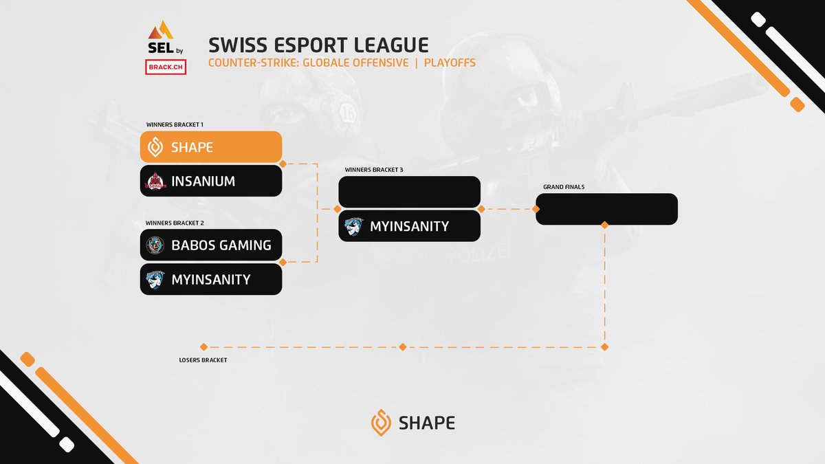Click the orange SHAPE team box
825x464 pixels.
pos(211,147)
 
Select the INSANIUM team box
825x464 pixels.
pos(211,181)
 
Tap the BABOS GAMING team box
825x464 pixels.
pos(211,245)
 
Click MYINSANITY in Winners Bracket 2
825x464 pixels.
pos(211,279)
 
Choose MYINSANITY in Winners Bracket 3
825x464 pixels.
pos(409,226)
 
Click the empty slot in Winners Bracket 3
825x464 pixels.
pos(409,192)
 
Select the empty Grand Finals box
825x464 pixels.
pos(606,209)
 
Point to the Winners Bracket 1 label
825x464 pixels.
pos(175,125)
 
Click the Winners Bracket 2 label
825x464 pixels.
pos(175,223)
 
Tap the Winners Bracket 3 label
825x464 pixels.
pos(373,170)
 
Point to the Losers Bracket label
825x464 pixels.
pos(203,360)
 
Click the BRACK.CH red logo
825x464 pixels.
pos(166,67)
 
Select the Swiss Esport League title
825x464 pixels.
pos(318,45)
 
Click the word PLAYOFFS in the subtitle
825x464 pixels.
pos(450,63)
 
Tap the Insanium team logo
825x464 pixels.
pos(155,181)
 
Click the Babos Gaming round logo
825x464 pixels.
pos(155,245)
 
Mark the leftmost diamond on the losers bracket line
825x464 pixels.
pos(203,347)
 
